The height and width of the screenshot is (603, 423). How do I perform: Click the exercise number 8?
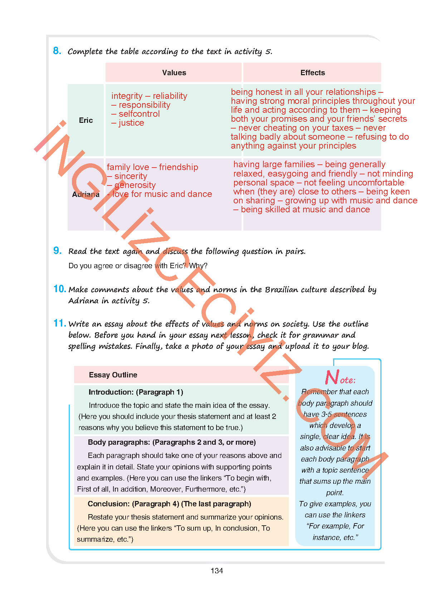click(57, 51)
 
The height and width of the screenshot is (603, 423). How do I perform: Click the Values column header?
click(174, 73)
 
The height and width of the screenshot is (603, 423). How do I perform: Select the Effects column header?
click(312, 73)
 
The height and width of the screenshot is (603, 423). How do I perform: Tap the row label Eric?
click(86, 120)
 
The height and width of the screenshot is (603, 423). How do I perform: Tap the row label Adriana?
click(86, 194)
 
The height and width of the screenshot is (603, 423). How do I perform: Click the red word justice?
click(131, 123)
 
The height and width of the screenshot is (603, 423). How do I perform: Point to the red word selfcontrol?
click(139, 114)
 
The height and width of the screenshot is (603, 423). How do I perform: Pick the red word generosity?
click(135, 185)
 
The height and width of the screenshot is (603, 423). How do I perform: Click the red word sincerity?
click(131, 176)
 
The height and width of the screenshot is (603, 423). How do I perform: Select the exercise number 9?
click(57, 251)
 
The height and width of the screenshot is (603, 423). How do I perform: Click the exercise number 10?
click(59, 289)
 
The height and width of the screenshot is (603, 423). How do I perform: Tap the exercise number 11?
click(59, 323)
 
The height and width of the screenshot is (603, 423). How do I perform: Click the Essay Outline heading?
click(113, 375)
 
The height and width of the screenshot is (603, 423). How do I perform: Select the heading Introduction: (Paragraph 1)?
click(136, 392)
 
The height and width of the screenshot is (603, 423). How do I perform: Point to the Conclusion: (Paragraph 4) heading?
click(169, 504)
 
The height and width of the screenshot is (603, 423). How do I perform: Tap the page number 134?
click(217, 571)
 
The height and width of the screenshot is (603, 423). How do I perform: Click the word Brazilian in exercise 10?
click(281, 289)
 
